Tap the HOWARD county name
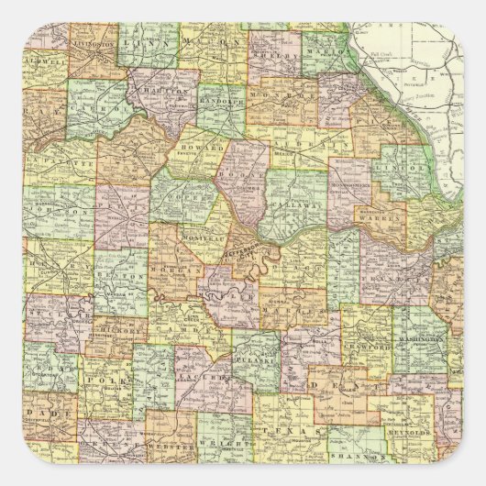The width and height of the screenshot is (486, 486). tap(207, 146)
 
